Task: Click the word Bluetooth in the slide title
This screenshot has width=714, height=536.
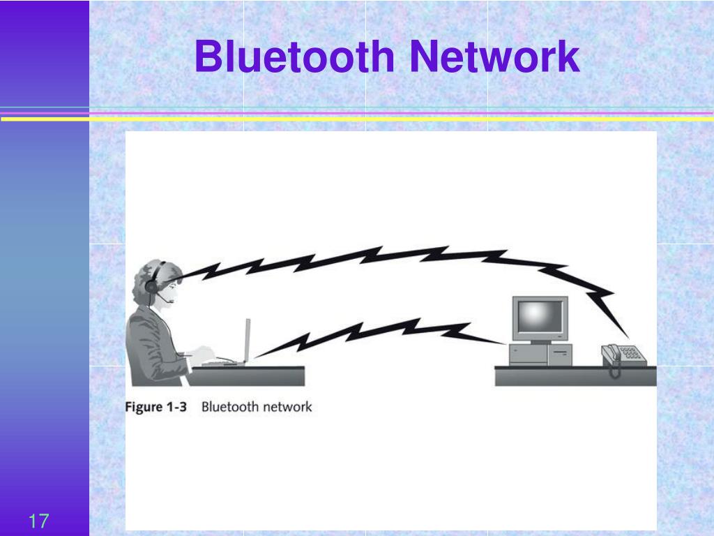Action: (x=295, y=56)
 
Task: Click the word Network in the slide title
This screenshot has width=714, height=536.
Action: (x=494, y=56)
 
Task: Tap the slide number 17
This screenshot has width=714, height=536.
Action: (x=38, y=521)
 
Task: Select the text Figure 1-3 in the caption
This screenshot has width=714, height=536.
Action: (x=155, y=407)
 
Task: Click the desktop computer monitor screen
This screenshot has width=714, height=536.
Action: (x=540, y=317)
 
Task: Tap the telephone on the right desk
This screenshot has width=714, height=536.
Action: (x=623, y=355)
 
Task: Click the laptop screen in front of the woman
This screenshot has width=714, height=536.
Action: (x=248, y=340)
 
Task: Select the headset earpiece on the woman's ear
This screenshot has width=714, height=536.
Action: (x=151, y=287)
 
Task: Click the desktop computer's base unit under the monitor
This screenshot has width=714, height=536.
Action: (x=540, y=354)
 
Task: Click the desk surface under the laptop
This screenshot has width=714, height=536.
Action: (x=246, y=375)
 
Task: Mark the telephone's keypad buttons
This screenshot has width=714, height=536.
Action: (x=630, y=352)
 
